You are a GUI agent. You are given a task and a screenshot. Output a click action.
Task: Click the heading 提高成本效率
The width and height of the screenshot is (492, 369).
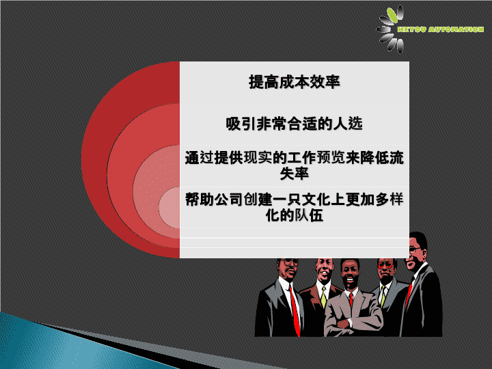pos(295,82)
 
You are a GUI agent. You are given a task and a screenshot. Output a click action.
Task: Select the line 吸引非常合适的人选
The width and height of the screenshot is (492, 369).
pos(295,123)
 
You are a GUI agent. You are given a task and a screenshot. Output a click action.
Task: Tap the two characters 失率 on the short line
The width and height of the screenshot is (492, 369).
pos(295,174)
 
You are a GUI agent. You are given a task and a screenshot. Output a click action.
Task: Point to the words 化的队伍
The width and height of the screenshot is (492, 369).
pos(295,215)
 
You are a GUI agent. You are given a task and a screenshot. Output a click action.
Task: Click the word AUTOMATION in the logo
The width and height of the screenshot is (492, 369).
pos(456,29)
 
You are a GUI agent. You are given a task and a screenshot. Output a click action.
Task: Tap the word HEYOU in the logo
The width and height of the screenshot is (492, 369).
pos(411,29)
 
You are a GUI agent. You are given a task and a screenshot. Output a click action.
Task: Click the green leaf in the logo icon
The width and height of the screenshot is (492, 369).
pos(392,15)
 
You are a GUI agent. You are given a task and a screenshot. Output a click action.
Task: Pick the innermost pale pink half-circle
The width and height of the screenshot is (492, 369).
pos(169,208)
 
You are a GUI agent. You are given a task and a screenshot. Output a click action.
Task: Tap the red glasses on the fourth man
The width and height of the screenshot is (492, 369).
pos(385,265)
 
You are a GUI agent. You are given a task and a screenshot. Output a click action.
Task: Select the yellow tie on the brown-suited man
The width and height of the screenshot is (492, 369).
pos(323,297)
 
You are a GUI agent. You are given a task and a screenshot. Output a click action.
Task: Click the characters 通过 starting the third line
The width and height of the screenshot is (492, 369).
pos(200,157)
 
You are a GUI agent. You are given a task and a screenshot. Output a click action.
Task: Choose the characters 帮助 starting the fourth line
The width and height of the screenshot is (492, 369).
pos(200,199)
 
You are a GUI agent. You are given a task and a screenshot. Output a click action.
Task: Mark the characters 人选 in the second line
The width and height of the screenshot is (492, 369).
pos(348,123)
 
